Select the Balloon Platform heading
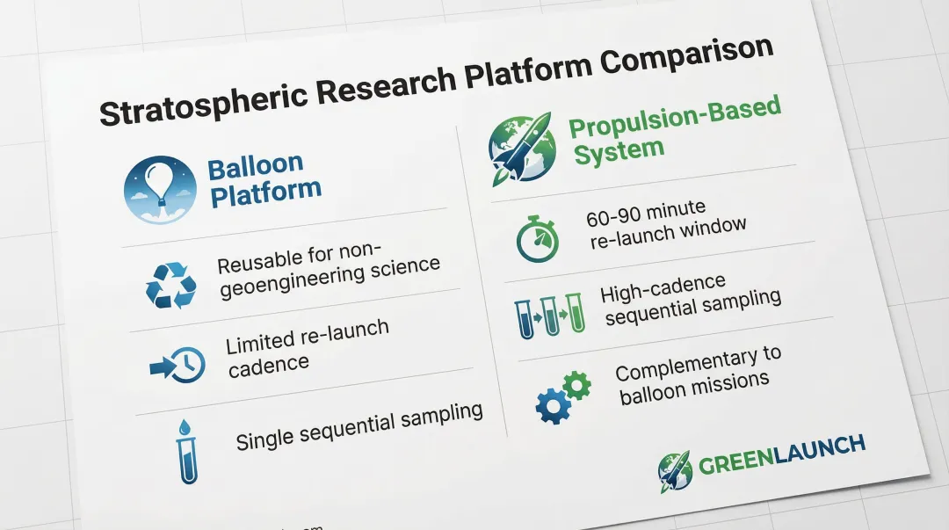(x=263, y=180)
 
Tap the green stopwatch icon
(x=538, y=239)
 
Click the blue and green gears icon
(x=563, y=396)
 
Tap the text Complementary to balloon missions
(x=698, y=376)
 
